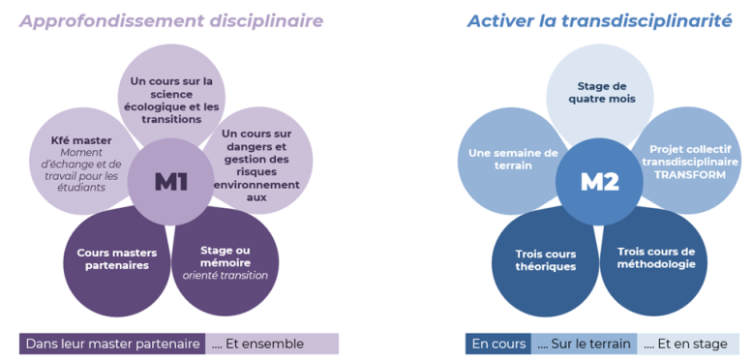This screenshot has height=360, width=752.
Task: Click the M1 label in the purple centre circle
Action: [x=170, y=182]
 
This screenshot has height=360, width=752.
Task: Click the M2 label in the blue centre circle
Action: [x=599, y=182]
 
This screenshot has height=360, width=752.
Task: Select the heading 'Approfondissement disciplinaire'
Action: [x=171, y=21]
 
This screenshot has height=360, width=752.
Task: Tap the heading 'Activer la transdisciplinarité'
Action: [x=599, y=21]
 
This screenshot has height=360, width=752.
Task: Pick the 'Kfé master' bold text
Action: [x=81, y=141]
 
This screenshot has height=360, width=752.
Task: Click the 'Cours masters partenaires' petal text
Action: [x=117, y=258]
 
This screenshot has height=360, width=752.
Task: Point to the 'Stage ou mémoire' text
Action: [x=226, y=256]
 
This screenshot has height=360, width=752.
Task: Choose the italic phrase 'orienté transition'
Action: [x=225, y=276]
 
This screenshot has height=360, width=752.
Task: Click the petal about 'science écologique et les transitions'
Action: [x=171, y=101]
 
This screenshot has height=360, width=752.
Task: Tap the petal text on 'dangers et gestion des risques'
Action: [x=256, y=165]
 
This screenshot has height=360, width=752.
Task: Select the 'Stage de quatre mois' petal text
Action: [x=600, y=92]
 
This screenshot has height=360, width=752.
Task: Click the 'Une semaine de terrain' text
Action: [x=513, y=159]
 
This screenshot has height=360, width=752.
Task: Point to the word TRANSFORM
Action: [x=690, y=175]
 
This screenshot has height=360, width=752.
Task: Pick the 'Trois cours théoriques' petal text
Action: [x=546, y=259]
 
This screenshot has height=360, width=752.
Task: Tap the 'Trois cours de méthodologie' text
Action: [x=655, y=257]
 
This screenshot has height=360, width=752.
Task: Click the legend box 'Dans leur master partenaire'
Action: [x=112, y=344]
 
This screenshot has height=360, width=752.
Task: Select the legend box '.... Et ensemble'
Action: [x=272, y=344]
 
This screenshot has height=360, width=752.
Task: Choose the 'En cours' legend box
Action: [x=497, y=344]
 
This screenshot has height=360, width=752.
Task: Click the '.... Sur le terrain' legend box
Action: [x=584, y=344]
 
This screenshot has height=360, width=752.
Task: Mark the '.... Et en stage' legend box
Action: [x=686, y=344]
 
